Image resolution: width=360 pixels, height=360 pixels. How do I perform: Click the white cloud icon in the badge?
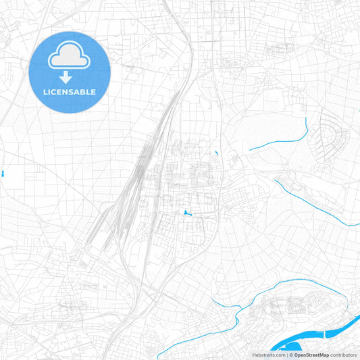(70, 59)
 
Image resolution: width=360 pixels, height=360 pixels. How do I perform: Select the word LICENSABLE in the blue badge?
(70, 92)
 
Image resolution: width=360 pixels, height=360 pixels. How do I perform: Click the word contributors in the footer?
(342, 355)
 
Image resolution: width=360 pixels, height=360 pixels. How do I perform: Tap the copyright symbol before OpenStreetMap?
(291, 355)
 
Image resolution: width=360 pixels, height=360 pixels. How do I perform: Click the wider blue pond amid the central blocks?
(185, 213)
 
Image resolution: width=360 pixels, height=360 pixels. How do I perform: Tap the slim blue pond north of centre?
(215, 155)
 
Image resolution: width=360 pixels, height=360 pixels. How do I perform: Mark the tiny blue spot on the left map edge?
(3, 174)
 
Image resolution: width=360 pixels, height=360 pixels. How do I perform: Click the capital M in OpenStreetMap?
(318, 355)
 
